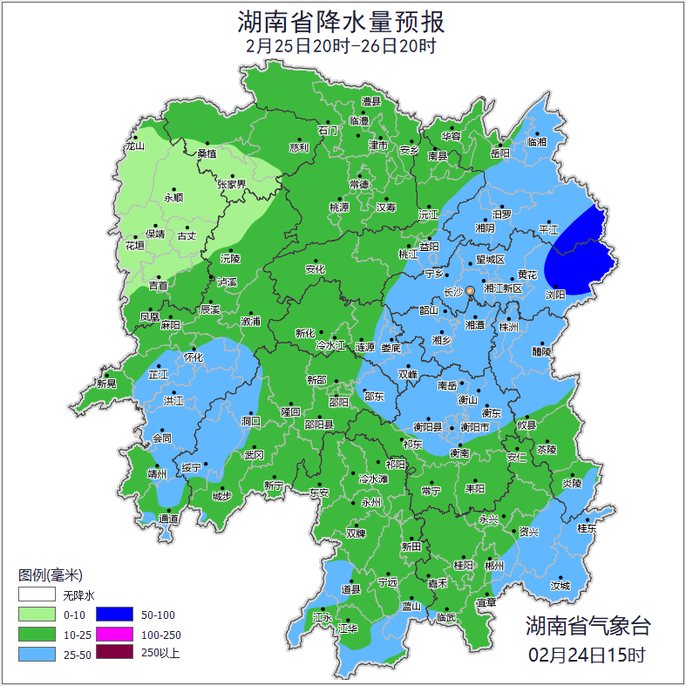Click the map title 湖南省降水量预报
(x=342, y=20)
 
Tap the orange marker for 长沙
(x=471, y=290)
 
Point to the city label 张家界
(x=232, y=184)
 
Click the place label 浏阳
(x=554, y=295)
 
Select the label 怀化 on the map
(x=194, y=357)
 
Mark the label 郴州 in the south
(x=494, y=566)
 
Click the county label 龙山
(x=134, y=146)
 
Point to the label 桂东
(x=587, y=528)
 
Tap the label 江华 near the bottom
(x=349, y=628)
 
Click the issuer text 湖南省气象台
(x=587, y=625)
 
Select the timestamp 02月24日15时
(x=587, y=654)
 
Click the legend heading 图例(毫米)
(x=50, y=575)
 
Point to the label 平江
(x=548, y=230)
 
